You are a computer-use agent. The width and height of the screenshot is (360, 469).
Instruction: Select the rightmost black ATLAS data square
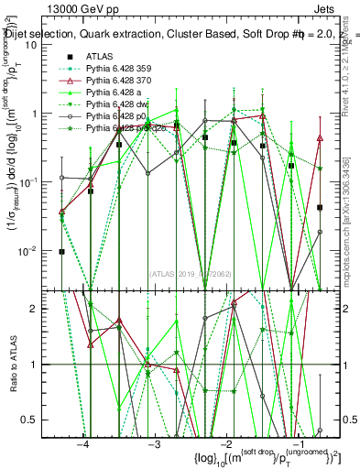[x=320, y=208]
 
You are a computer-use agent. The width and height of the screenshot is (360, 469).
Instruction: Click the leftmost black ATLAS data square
[x=61, y=251]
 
